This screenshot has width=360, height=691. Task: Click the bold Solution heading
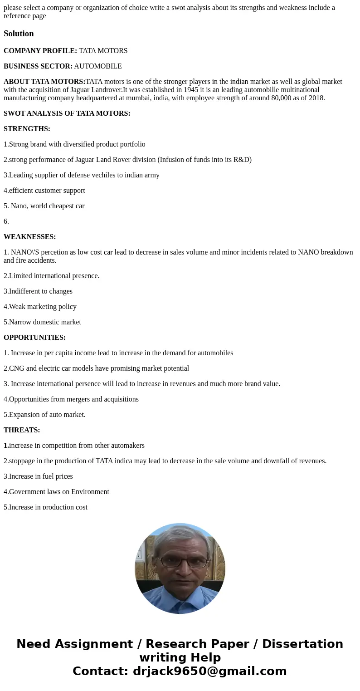[19, 34]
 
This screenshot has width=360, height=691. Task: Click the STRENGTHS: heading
[27, 129]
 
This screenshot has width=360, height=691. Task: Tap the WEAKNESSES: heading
[29, 237]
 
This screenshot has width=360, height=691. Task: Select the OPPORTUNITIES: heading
[34, 338]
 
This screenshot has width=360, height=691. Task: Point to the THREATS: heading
[22, 430]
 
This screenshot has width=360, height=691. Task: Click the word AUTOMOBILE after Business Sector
[98, 66]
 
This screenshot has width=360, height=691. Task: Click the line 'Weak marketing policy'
[40, 307]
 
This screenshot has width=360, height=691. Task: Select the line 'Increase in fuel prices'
[38, 476]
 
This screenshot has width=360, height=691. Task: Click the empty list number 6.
[6, 221]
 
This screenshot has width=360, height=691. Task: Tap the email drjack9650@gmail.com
[209, 671]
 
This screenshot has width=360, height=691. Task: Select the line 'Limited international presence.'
[51, 276]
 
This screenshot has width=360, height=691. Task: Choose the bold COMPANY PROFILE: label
[40, 51]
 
